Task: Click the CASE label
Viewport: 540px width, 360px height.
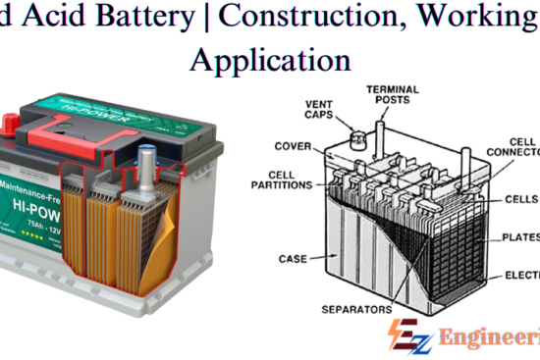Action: click(293, 259)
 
